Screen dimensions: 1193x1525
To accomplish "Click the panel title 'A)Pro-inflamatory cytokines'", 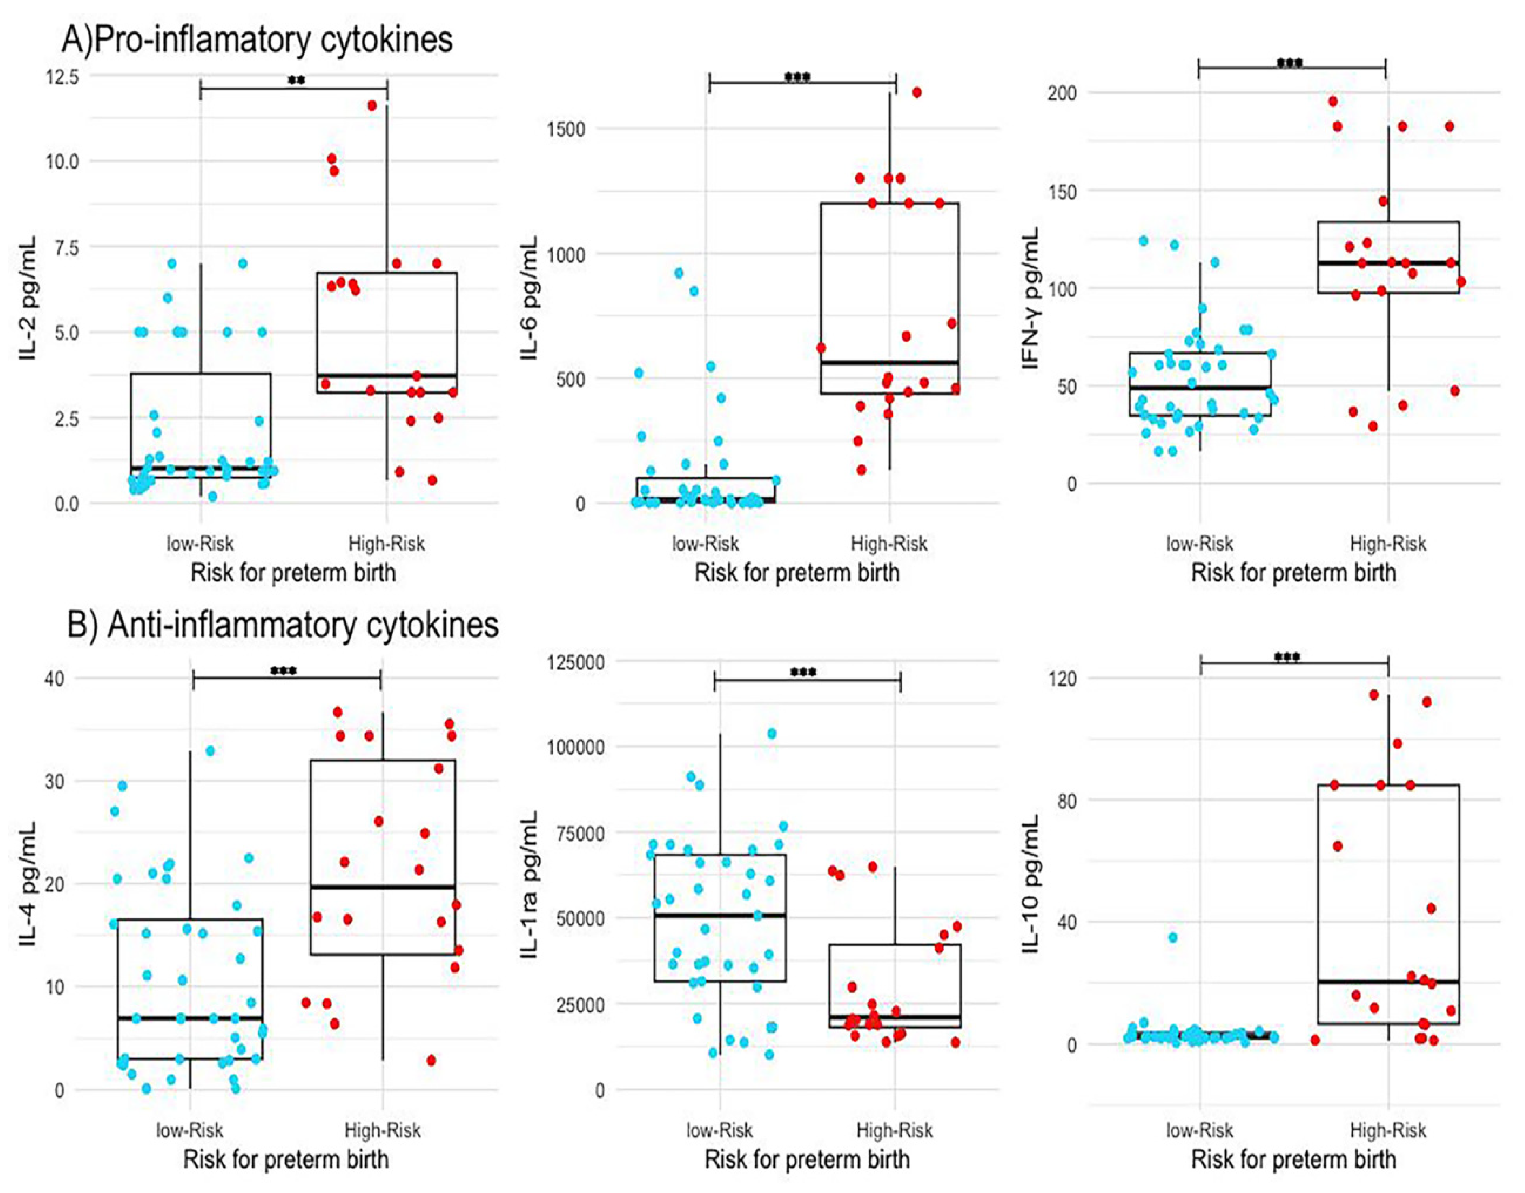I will pos(257,39).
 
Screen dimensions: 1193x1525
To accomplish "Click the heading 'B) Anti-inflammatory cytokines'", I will pos(283,624).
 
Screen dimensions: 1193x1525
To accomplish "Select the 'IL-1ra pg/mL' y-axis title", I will pos(531,883).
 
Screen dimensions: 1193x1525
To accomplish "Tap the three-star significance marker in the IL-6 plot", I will pos(798,77).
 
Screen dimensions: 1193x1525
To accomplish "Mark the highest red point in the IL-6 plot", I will pos(916,92).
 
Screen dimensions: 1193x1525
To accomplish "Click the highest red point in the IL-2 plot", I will pos(372,106).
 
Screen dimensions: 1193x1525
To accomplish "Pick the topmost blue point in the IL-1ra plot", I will pos(772,733).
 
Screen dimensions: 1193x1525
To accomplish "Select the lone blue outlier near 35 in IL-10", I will pos(1173,937).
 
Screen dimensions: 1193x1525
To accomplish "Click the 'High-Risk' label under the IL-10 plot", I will pos(1388,1130).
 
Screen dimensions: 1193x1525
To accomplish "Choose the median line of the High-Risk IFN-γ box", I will pos(1388,263).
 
